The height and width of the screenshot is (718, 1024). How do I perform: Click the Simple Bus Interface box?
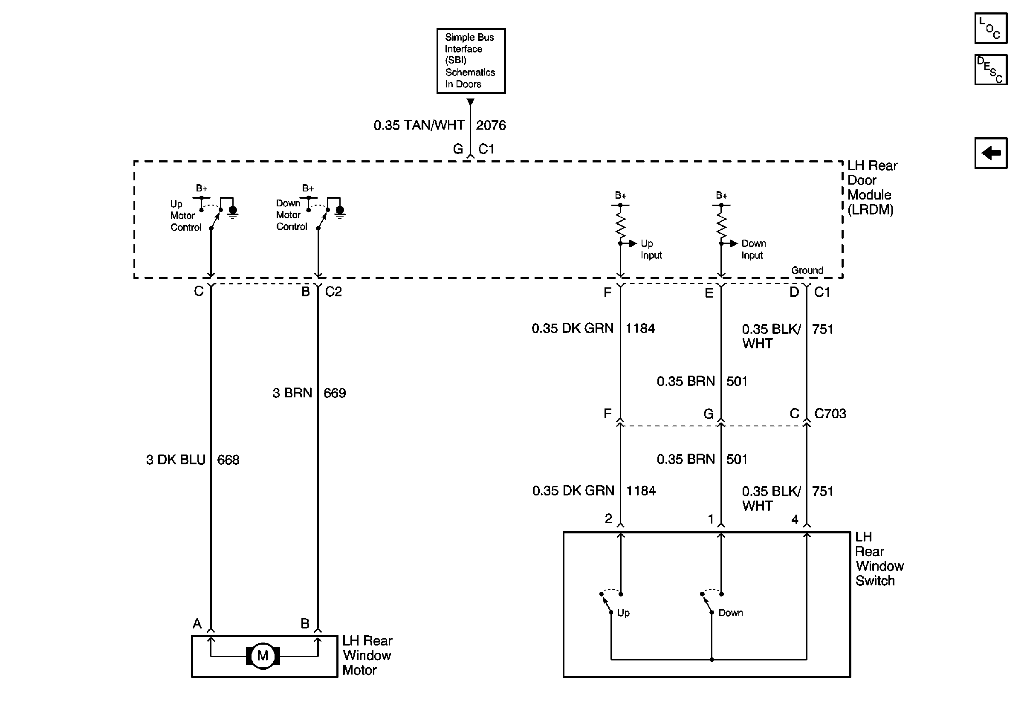pyautogui.click(x=471, y=61)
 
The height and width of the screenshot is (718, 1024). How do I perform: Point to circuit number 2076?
pyautogui.click(x=491, y=125)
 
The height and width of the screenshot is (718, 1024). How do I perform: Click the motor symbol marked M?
pyautogui.click(x=263, y=656)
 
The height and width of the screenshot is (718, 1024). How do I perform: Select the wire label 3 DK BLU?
pyautogui.click(x=176, y=460)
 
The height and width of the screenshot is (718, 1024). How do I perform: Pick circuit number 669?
pyautogui.click(x=335, y=393)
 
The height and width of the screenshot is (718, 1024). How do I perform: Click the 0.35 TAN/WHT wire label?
pyautogui.click(x=419, y=125)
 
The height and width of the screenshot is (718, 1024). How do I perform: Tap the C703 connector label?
pyautogui.click(x=830, y=414)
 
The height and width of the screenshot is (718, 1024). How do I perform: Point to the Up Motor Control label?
pyautogui.click(x=185, y=216)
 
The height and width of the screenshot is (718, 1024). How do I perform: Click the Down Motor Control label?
pyautogui.click(x=291, y=215)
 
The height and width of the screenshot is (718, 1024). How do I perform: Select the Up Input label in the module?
pyautogui.click(x=651, y=249)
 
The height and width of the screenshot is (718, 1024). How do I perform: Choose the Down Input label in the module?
pyautogui.click(x=753, y=249)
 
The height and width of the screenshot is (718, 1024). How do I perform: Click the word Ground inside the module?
pyautogui.click(x=807, y=270)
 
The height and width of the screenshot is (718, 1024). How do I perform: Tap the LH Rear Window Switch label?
pyautogui.click(x=879, y=559)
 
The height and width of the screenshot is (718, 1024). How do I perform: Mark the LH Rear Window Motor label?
pyautogui.click(x=367, y=655)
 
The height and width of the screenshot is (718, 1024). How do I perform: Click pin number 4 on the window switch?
pyautogui.click(x=795, y=520)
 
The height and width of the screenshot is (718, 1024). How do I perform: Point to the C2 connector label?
pyautogui.click(x=333, y=292)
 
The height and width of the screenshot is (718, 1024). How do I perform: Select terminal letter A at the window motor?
pyautogui.click(x=197, y=623)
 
